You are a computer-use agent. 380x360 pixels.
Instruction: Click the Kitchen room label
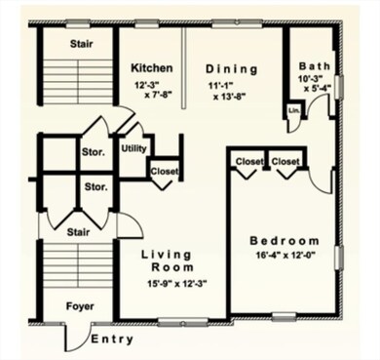(151, 68)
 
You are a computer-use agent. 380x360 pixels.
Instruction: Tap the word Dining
(232, 68)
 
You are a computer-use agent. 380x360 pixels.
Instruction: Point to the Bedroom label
(285, 241)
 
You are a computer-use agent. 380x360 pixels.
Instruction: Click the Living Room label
(167, 260)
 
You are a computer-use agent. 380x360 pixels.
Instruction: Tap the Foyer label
(80, 305)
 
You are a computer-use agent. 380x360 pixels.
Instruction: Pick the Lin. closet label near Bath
(293, 110)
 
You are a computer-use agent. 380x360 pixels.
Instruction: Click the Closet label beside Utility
(163, 172)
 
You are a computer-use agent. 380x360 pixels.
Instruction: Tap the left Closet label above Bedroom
(249, 161)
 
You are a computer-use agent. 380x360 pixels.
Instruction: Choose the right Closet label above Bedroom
(285, 161)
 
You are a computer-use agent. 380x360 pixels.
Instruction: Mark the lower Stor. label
(95, 185)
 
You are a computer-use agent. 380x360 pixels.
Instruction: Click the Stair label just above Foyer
(78, 232)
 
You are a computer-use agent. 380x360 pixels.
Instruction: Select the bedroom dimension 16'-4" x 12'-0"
(284, 258)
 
